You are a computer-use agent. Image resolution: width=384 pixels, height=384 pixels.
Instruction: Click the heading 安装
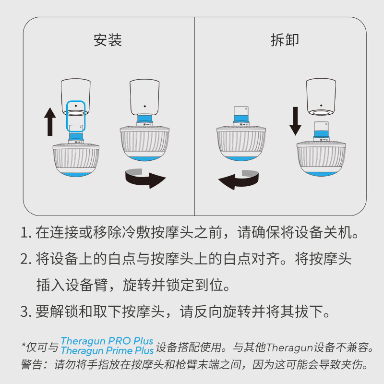(108, 40)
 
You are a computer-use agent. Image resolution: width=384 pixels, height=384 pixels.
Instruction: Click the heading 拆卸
(285, 40)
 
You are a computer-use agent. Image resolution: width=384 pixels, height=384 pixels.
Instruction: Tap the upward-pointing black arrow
(49, 121)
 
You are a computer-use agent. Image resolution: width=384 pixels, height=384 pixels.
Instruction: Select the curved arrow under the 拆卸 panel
(239, 179)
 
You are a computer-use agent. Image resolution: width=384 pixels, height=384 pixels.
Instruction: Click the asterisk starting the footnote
(24, 345)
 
